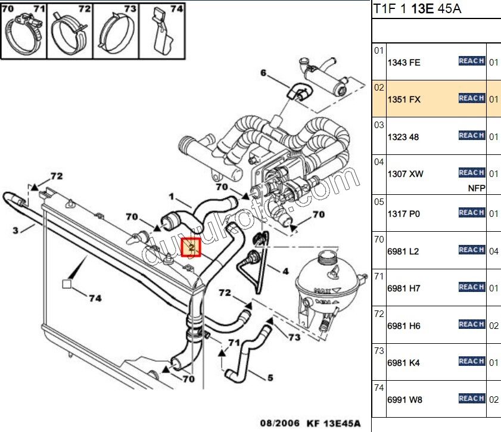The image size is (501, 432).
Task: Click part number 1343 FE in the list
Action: tap(404, 63)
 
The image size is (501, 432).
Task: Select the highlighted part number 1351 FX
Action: tap(404, 100)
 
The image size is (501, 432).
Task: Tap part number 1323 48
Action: tap(403, 137)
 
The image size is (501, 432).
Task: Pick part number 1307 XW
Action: tap(404, 174)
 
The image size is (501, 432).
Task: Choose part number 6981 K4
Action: tap(404, 362)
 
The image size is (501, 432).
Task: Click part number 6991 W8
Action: tap(404, 400)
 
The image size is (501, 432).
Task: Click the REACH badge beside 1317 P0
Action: tap(471, 213)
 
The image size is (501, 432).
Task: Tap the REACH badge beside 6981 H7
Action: tap(471, 287)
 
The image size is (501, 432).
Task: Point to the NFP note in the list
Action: tap(477, 188)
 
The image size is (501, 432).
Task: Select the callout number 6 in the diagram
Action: tap(263, 73)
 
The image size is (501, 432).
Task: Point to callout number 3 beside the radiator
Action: tap(15, 230)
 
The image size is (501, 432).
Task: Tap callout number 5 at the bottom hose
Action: tap(270, 377)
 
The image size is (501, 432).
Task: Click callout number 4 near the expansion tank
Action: tap(285, 271)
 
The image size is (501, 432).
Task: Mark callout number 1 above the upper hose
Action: tap(171, 196)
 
